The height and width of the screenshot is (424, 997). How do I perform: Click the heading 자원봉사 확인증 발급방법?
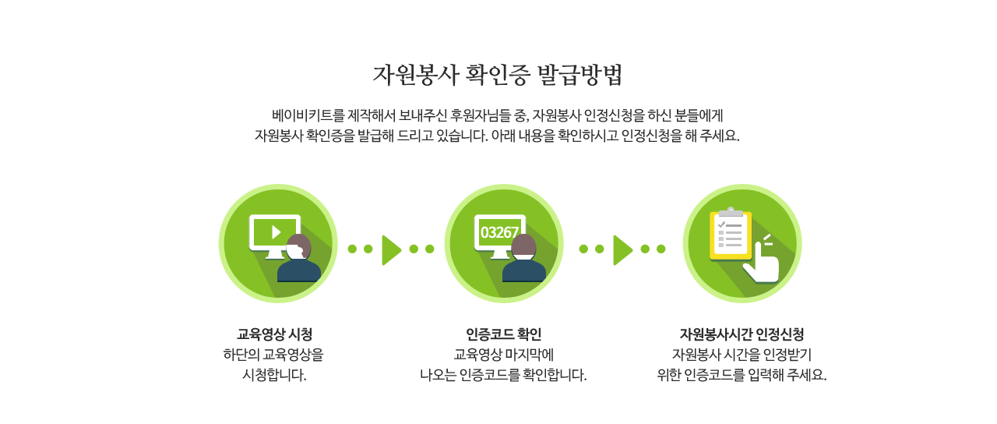click(498, 75)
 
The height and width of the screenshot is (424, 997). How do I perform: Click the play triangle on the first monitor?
click(277, 232)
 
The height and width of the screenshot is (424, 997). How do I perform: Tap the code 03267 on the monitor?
click(499, 232)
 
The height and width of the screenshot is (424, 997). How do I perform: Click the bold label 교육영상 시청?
click(275, 334)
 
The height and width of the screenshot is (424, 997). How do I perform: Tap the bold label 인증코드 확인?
click(503, 334)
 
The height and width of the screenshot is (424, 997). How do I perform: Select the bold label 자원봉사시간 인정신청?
click(742, 334)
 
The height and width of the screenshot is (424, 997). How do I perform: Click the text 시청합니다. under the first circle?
click(274, 375)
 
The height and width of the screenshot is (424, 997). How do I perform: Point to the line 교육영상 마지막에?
click(503, 355)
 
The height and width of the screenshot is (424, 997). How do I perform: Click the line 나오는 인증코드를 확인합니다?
click(503, 375)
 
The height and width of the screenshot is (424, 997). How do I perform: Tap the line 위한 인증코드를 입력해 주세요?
click(742, 375)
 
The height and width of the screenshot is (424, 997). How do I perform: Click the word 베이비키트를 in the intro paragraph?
click(308, 116)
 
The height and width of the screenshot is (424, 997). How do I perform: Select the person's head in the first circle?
click(298, 246)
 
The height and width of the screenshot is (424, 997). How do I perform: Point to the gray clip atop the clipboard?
click(731, 212)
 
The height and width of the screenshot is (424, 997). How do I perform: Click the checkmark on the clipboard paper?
click(722, 224)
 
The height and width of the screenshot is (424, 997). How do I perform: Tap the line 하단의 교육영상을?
click(273, 355)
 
